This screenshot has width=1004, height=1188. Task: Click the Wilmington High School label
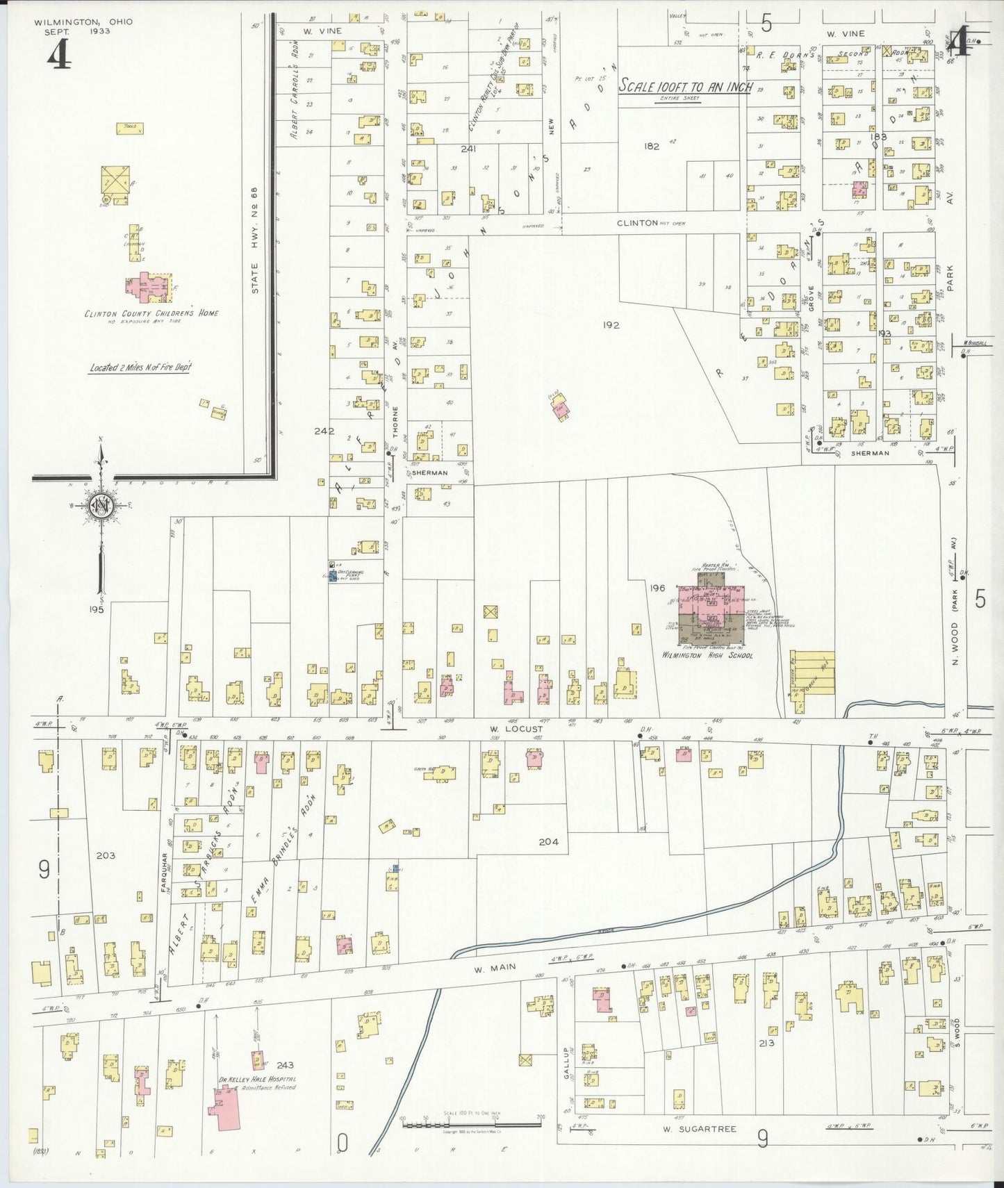[x=707, y=655]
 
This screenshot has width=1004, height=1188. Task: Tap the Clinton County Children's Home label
[x=151, y=313]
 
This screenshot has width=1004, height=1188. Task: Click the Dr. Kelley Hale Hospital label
[x=257, y=1099]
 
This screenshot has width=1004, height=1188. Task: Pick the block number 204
[x=548, y=842]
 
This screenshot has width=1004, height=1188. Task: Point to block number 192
[x=611, y=324]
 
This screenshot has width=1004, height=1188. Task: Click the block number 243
[x=285, y=1064]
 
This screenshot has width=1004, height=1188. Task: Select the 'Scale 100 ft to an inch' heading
[x=684, y=87]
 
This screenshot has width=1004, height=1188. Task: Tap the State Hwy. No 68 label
[x=255, y=240]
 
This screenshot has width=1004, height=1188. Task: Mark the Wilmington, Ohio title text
[x=83, y=22]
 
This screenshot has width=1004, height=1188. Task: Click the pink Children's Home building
[x=148, y=288]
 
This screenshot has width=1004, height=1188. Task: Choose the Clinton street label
[x=637, y=223]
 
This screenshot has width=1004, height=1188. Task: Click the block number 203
[x=106, y=855]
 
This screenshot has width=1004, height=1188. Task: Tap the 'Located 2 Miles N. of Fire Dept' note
[x=140, y=368]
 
